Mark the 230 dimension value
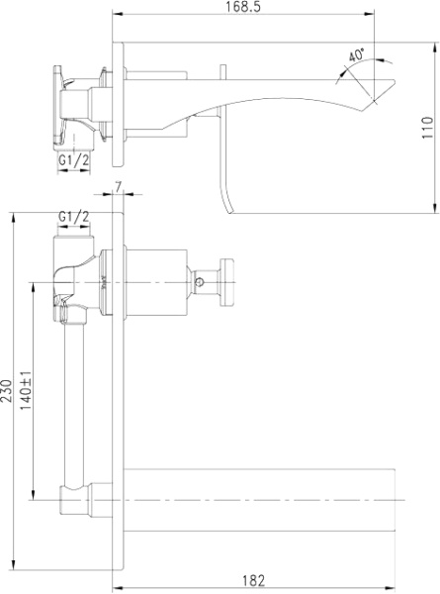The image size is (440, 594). [x=7, y=393]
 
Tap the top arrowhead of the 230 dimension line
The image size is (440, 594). [x=13, y=214]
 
